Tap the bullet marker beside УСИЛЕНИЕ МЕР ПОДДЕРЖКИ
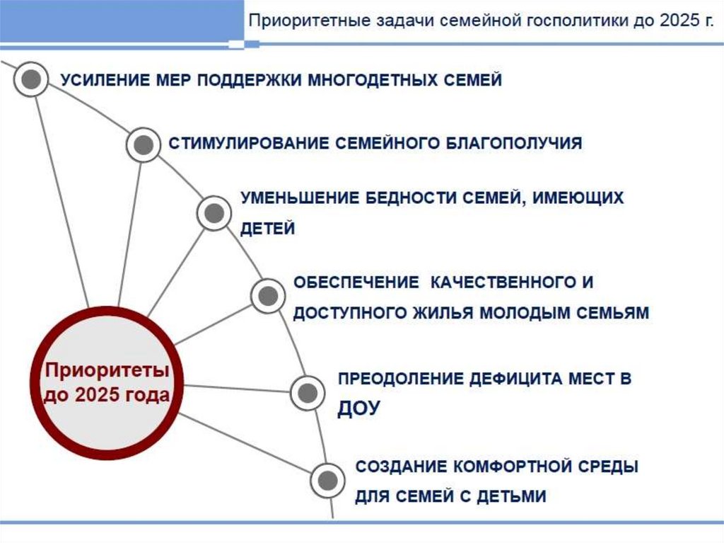(x=30, y=80)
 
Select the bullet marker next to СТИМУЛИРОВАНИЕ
(x=144, y=145)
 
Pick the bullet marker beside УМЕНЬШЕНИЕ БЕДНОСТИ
(x=213, y=212)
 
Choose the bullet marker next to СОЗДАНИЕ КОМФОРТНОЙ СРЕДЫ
(x=326, y=479)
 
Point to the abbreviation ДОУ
(x=359, y=408)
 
